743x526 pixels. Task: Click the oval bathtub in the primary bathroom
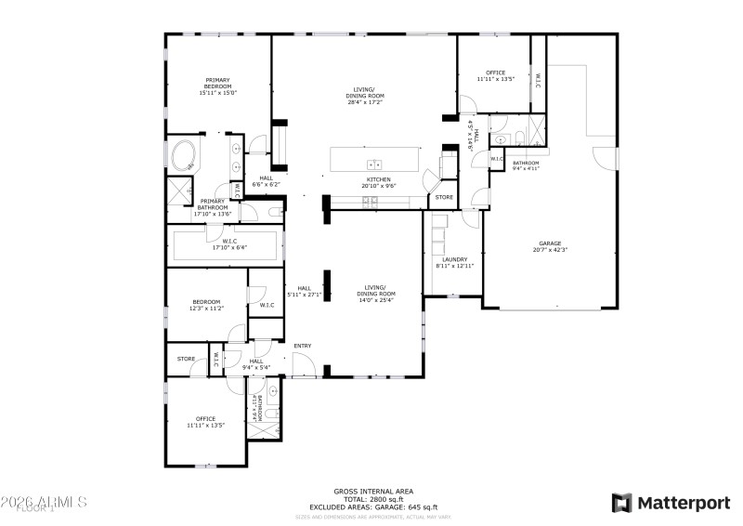tap(184, 155)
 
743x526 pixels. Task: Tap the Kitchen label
tap(378, 179)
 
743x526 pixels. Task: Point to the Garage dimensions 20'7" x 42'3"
tap(549, 249)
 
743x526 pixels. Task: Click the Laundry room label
tap(454, 259)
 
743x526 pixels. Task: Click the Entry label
tap(303, 346)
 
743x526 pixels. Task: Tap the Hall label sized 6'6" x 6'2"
tap(266, 178)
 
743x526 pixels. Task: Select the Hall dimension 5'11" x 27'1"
tap(303, 295)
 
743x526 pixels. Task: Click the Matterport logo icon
tap(621, 503)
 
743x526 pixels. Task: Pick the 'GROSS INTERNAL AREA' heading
tap(373, 491)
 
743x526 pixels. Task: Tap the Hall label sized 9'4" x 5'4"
tap(256, 361)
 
